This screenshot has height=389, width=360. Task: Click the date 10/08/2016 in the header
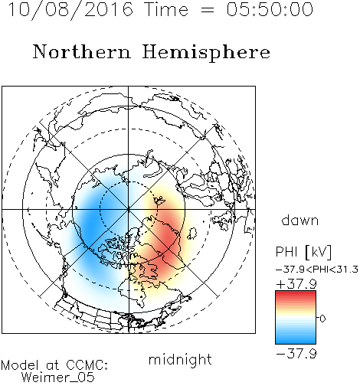point(70,10)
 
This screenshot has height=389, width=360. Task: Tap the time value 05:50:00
point(270,9)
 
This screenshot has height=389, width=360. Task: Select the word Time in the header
point(166,9)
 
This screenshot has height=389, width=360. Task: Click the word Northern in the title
point(82,51)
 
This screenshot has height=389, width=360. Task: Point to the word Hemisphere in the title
point(206,53)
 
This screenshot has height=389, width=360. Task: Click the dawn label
point(300,220)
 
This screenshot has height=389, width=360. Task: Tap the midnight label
point(180,359)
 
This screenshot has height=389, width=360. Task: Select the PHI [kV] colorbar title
point(303,252)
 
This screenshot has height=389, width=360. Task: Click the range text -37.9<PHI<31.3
point(317,270)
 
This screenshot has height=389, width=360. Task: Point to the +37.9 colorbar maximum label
point(296,284)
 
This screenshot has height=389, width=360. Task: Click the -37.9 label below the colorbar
point(296,354)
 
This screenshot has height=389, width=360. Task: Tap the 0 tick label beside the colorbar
point(322,319)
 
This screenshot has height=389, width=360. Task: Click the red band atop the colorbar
point(296,295)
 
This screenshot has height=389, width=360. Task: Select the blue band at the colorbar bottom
point(296,339)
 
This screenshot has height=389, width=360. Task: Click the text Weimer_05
point(58,378)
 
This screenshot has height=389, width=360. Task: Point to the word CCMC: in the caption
point(87,365)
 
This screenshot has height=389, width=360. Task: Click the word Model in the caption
point(20,365)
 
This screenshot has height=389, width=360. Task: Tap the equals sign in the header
point(208,10)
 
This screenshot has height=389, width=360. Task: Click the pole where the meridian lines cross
point(129,209)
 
